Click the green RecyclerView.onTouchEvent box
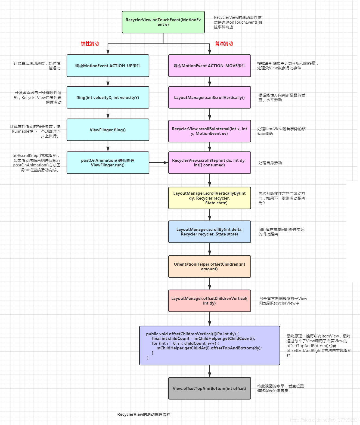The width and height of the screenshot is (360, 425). coord(163,22)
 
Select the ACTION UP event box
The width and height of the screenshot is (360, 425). coord(108,66)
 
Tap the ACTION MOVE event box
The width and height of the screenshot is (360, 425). coord(209,66)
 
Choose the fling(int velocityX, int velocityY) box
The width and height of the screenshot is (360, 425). coord(108,97)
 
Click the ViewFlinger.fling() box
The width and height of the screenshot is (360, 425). coord(108,130)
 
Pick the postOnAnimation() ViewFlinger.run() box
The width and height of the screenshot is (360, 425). coord(108,163)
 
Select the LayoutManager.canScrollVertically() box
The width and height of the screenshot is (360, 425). coord(209,97)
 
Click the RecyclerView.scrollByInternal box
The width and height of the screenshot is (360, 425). coord(209,131)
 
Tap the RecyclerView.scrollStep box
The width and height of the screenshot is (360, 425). coord(209,163)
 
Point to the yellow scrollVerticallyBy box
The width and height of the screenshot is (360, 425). coord(209,198)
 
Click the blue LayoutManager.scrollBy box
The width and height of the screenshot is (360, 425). coord(209,232)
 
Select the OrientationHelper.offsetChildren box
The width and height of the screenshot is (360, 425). coord(209,266)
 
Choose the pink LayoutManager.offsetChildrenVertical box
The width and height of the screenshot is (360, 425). coord(209,301)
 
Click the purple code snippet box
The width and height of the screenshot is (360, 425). coord(209,345)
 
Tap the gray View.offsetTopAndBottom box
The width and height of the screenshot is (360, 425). coord(209,388)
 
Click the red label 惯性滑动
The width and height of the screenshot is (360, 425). coord(90,44)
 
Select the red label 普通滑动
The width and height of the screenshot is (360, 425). coord(224,44)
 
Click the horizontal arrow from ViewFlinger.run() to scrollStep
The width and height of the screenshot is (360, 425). coord(159,163)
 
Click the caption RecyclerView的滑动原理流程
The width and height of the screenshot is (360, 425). coord(144,414)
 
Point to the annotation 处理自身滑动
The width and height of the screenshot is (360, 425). coord(270,163)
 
